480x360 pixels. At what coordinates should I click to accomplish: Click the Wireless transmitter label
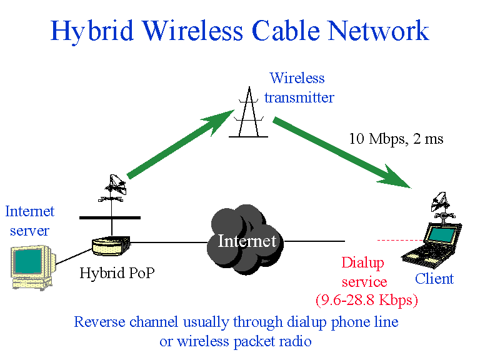pyautogui.click(x=298, y=87)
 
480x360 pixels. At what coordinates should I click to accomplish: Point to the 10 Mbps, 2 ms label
pyautogui.click(x=396, y=139)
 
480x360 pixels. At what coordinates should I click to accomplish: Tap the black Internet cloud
pyautogui.click(x=246, y=240)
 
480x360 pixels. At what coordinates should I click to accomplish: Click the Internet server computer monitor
pyautogui.click(x=30, y=265)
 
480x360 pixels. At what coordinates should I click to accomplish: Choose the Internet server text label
pyautogui.click(x=29, y=221)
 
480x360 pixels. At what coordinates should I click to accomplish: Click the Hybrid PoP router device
pyautogui.click(x=110, y=244)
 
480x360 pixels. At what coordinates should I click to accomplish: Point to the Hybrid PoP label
pyautogui.click(x=117, y=273)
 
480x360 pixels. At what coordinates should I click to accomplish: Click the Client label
pyautogui.click(x=434, y=279)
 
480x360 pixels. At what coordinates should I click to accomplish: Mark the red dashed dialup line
pyautogui.click(x=400, y=240)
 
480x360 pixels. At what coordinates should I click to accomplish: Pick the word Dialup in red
pyautogui.click(x=362, y=263)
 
